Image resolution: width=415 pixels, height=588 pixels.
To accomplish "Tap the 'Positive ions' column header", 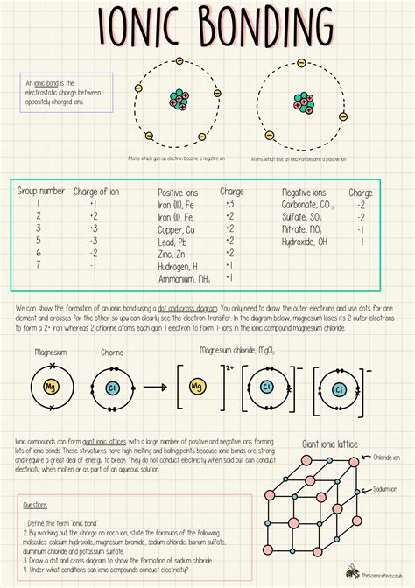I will click(179, 192).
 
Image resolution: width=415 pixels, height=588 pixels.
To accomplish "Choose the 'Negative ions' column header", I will click(304, 192).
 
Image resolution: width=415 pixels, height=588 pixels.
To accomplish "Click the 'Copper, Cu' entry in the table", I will click(177, 228).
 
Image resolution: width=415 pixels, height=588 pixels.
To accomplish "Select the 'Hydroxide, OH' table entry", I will click(305, 241).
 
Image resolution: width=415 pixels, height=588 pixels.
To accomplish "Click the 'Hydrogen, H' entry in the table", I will click(178, 265).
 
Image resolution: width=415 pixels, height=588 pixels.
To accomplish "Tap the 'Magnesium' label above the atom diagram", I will click(51, 352).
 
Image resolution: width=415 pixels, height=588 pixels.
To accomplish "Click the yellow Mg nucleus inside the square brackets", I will click(197, 385).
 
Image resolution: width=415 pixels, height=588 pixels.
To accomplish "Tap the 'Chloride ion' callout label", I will click(389, 458).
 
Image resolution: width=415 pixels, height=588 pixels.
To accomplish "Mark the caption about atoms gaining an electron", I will click(172, 158).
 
